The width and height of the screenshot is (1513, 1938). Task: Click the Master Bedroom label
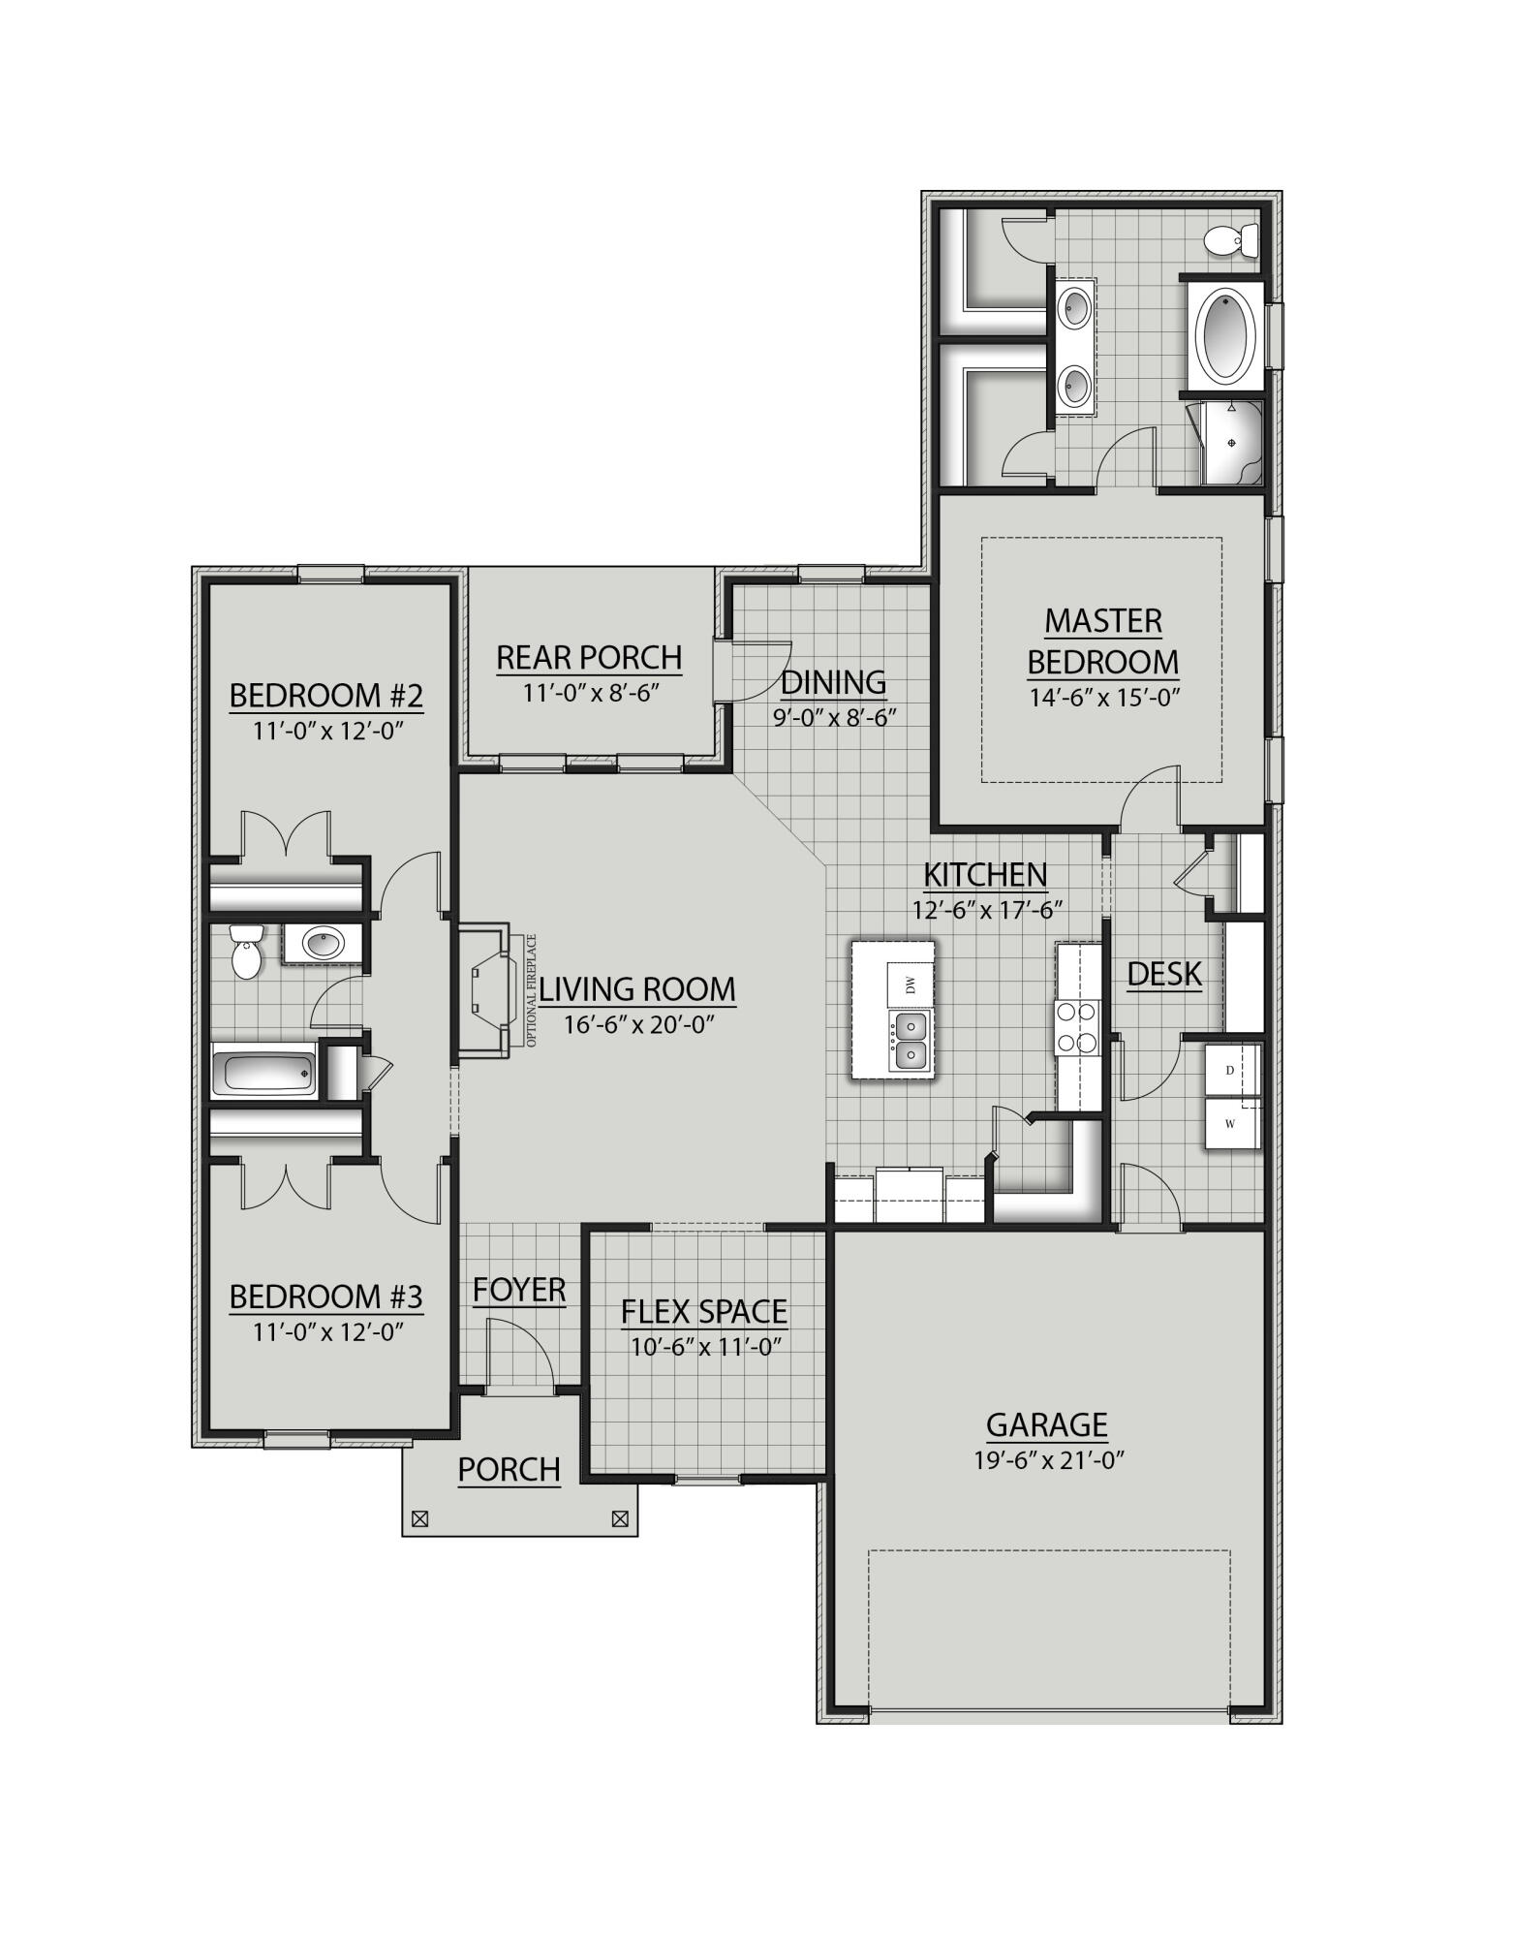pos(1103,641)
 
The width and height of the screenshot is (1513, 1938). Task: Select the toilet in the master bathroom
pos(1233,239)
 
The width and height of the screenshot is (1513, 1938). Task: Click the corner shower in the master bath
pos(1230,444)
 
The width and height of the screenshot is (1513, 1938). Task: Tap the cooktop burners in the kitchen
pos(1077,1027)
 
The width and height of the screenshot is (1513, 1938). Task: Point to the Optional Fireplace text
pos(531,990)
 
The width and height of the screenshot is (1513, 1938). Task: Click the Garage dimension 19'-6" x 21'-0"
pos(1048,1460)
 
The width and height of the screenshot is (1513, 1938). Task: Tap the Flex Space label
pos(704,1312)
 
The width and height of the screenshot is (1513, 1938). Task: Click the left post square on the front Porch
pos(419,1519)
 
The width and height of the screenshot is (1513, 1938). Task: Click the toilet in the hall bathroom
pos(247,952)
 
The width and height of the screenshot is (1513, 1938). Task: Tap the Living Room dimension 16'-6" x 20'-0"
pos(639,1024)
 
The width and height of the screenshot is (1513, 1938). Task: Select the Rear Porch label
pos(589,658)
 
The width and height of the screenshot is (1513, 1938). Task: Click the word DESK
pos(1164,974)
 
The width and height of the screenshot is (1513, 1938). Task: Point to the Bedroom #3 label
pos(326,1297)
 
